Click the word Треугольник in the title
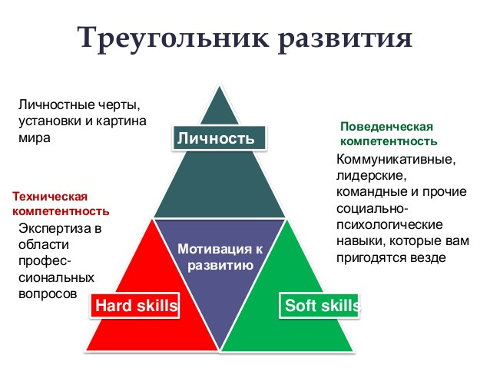[173, 38]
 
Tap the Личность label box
[219, 138]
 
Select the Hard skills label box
[135, 306]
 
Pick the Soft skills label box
[319, 306]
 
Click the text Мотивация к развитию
[220, 257]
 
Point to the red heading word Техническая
[50, 197]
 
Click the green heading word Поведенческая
[386, 127]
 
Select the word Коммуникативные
[396, 159]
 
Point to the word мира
[35, 138]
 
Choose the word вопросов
[48, 294]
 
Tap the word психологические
[389, 225]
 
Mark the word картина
[121, 121]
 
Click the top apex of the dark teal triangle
[220, 86]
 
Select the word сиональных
[56, 277]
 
